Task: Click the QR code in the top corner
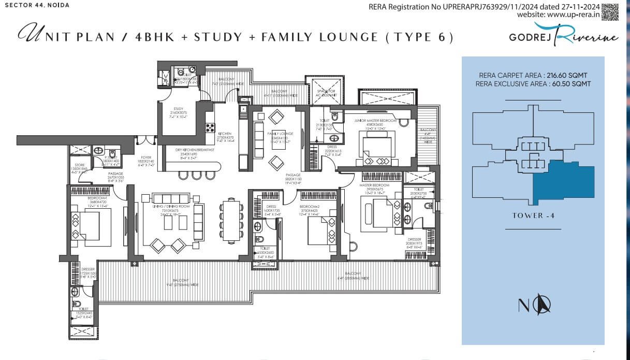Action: pos(610,11)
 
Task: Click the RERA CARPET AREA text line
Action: pos(533,75)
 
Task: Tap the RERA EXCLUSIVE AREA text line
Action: pos(533,83)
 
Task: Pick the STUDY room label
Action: pos(178,109)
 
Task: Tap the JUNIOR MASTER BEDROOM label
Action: pos(375,120)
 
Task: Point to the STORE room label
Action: pos(79,165)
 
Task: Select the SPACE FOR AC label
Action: pos(326,92)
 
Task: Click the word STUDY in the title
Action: pos(217,37)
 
